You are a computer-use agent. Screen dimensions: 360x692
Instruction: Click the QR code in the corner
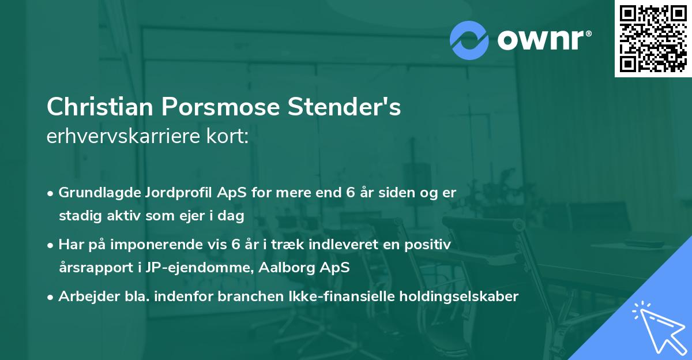(x=653, y=39)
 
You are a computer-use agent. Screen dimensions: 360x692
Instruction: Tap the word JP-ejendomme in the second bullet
(x=214, y=268)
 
